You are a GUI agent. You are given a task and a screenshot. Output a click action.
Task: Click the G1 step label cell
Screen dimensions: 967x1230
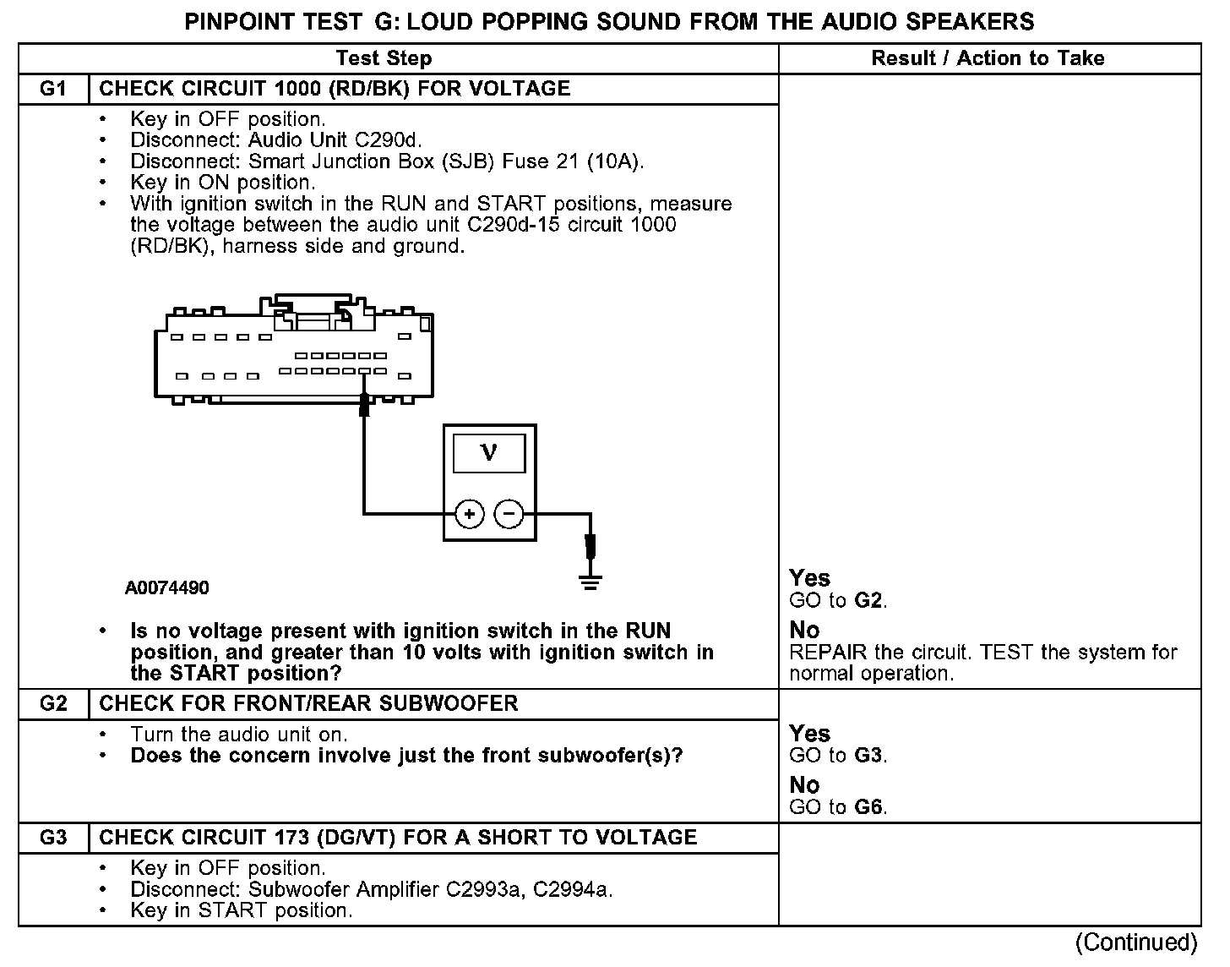pos(53,89)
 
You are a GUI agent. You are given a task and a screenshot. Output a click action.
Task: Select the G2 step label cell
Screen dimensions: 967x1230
pos(53,703)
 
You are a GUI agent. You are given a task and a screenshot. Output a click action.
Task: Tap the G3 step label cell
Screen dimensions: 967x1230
pos(53,838)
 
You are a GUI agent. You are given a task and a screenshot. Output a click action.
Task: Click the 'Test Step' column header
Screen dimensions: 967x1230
pos(384,58)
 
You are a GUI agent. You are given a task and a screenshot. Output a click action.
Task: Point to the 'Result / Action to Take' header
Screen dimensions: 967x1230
pos(988,58)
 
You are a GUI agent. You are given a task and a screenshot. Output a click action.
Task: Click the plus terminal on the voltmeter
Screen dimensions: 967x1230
pos(470,513)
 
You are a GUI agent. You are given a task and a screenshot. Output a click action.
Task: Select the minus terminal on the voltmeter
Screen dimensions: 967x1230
pos(508,513)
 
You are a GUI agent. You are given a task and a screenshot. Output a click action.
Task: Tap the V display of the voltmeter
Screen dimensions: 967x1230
pos(489,453)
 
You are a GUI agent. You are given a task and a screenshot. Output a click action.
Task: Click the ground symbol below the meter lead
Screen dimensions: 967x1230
pos(591,581)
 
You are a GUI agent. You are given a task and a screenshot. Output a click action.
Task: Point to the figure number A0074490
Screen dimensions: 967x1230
pos(166,587)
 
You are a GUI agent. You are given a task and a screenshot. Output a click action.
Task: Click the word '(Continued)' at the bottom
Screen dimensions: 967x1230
pos(1136,942)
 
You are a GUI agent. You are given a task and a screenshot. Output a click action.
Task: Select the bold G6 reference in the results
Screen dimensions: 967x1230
pos(869,806)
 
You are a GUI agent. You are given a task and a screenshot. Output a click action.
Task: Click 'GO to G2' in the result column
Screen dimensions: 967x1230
pos(837,601)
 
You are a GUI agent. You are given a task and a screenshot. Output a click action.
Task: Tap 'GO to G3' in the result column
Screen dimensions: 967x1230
pos(837,755)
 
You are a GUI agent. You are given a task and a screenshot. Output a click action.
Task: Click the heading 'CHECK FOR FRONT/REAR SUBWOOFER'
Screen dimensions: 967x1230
pos(308,703)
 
